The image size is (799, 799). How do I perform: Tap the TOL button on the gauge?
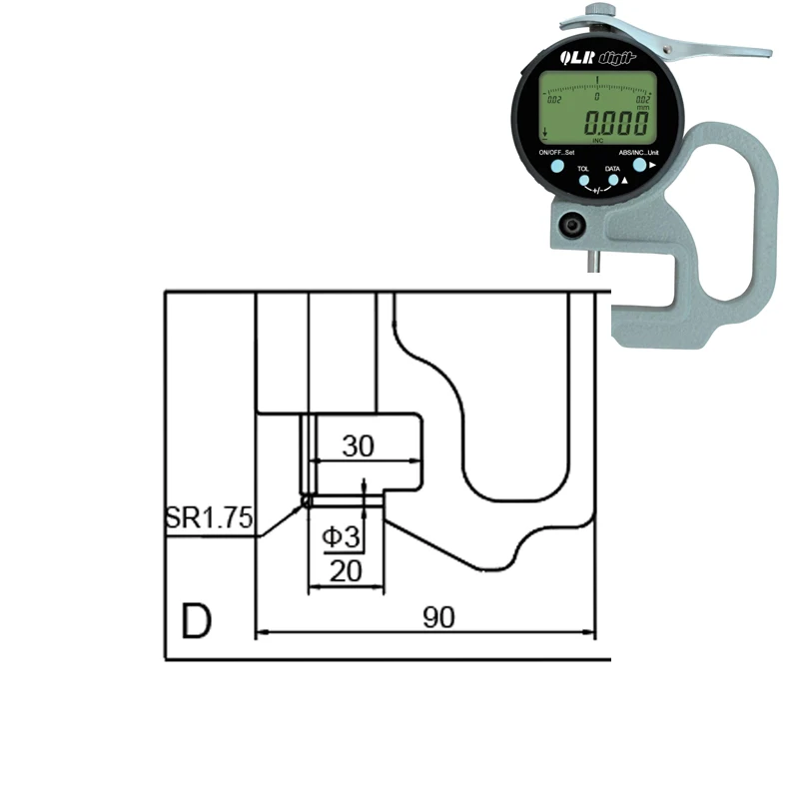coord(584,182)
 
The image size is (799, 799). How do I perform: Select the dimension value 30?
coord(358,446)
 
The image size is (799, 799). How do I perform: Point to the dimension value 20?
coord(345,572)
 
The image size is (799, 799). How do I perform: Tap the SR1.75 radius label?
coord(209,518)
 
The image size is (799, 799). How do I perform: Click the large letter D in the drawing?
coord(197,621)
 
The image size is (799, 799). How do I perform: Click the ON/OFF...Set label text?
coord(556,152)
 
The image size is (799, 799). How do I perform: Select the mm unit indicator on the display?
coord(642,107)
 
